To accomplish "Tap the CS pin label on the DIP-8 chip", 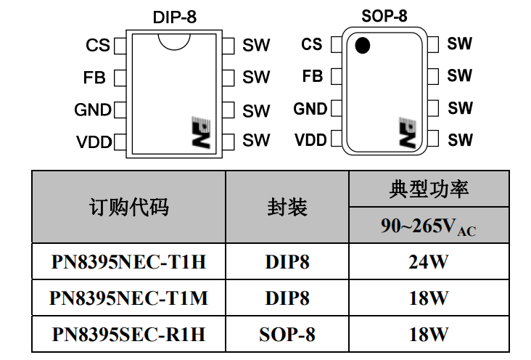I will [98, 45].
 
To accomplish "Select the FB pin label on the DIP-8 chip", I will [95, 77].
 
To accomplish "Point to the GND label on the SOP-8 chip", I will [310, 109].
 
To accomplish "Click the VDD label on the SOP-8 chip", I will [310, 140].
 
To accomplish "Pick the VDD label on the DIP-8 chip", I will [94, 142].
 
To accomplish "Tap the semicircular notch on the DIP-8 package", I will [175, 41].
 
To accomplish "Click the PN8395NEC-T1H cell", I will [128, 262].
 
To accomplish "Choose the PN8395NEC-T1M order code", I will [128, 298].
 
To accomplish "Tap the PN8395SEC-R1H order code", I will [128, 334].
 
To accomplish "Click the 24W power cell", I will [428, 262].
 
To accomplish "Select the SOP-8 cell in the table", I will [287, 334].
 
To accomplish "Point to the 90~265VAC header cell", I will [428, 226].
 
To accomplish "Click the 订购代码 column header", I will [128, 208].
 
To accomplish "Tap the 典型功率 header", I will [428, 189].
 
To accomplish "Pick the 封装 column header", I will [287, 208].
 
